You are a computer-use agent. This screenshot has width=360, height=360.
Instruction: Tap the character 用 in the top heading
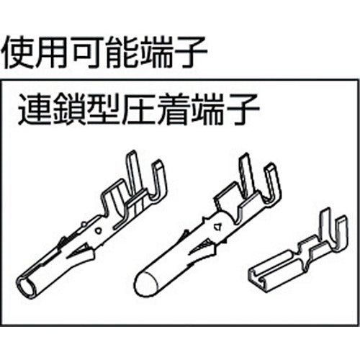point(55,51)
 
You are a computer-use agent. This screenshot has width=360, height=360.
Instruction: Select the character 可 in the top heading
point(89,51)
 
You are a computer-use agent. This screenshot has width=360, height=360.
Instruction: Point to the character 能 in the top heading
point(124,51)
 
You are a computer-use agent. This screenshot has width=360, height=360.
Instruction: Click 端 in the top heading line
point(158,51)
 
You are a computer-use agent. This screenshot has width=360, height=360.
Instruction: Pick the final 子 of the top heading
point(192,51)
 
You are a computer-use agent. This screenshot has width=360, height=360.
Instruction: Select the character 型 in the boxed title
point(104,112)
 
